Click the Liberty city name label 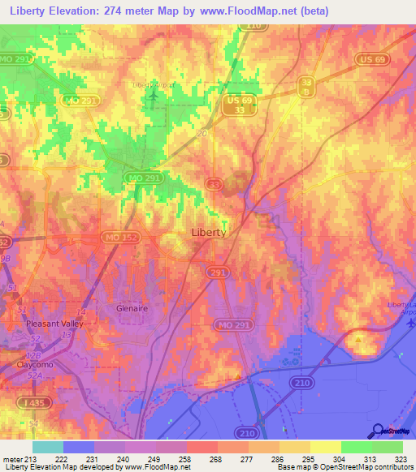coord(208,232)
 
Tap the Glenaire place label coord(130,309)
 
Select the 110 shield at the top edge coord(254,25)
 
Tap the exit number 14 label coord(80,311)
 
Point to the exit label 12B coord(33,355)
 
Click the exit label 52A coord(33,375)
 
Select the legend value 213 coord(23,458)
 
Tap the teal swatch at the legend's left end coord(47,447)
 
